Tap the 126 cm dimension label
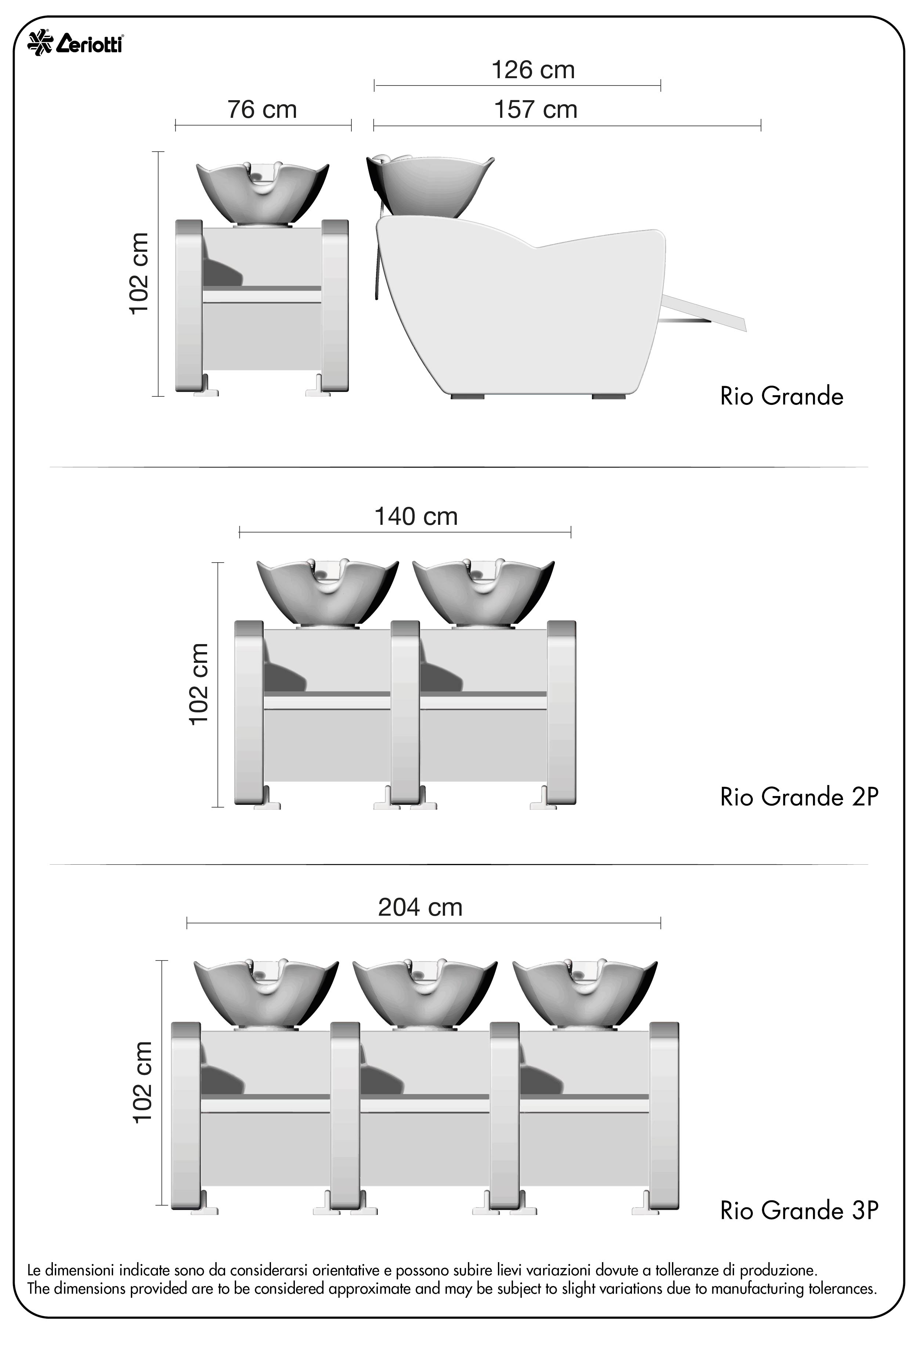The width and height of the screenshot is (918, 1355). click(533, 70)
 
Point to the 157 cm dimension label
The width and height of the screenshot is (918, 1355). click(535, 110)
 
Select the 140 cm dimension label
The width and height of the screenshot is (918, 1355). click(416, 517)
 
